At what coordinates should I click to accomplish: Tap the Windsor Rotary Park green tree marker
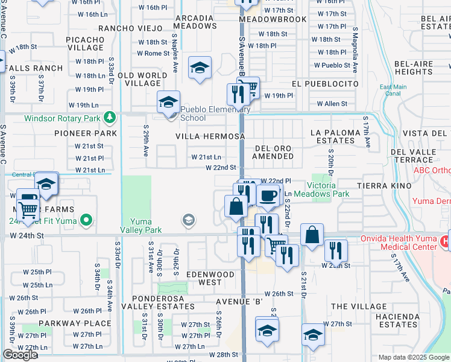tap(109, 116)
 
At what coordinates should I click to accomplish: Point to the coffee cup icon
tap(267, 195)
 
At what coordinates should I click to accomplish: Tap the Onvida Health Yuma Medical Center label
tap(396, 243)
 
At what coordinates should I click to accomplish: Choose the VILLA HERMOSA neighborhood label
tap(210, 137)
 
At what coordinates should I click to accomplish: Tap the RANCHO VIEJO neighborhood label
tap(130, 28)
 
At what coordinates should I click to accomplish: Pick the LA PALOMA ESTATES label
tap(332, 136)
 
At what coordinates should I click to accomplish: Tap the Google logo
tap(20, 355)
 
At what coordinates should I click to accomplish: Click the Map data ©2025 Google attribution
tap(413, 357)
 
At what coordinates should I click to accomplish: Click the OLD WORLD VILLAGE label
tap(142, 79)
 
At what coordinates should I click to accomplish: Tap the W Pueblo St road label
tap(332, 65)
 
